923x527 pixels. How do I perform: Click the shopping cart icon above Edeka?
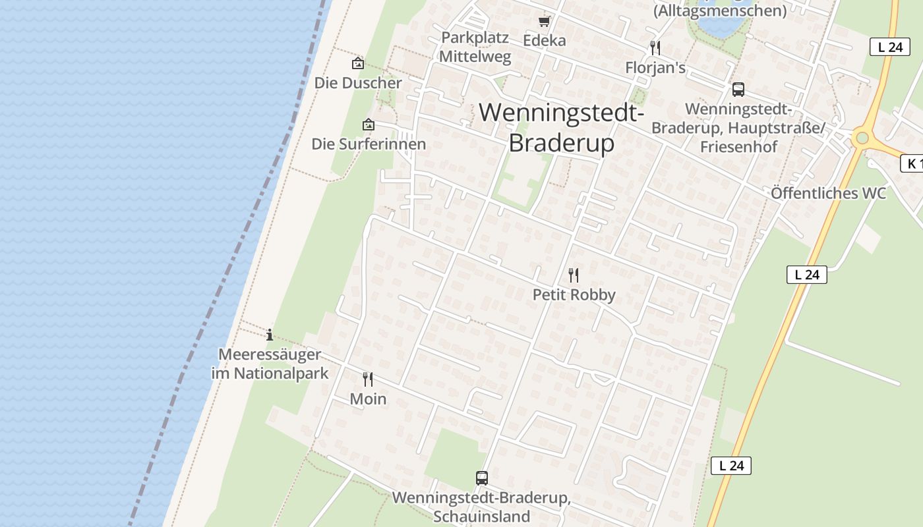544,21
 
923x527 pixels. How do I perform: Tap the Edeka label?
544,40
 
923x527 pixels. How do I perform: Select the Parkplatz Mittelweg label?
475,47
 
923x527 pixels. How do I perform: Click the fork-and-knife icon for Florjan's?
655,47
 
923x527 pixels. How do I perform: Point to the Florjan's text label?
655,68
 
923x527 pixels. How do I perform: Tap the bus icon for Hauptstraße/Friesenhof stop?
738,90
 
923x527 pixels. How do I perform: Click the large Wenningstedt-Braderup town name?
561,127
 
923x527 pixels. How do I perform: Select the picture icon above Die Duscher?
357,63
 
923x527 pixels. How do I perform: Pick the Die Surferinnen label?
369,144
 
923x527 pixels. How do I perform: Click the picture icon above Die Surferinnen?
368,124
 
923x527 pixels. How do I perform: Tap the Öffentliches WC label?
828,193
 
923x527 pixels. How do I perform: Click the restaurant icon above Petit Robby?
574,275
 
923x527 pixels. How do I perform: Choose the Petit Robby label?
574,294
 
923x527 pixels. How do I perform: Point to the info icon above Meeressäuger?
269,335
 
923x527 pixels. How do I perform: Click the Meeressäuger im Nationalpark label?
269,364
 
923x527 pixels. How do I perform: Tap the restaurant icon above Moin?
368,379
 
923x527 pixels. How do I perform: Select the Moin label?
368,399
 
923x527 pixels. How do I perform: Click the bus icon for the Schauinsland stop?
482,478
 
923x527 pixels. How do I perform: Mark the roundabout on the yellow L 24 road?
861,138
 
